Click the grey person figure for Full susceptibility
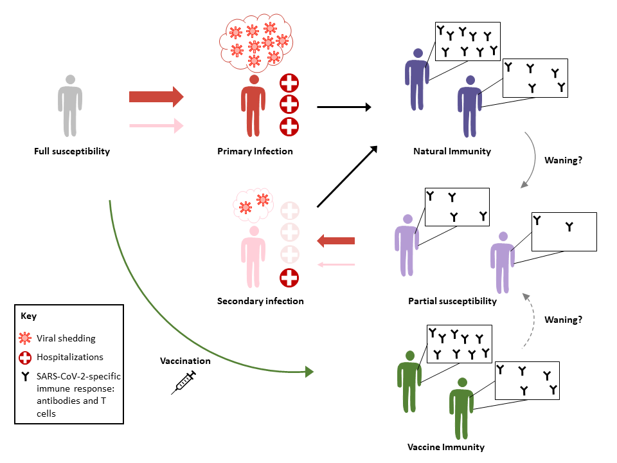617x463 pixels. click(x=70, y=106)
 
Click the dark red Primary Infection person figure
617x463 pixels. click(x=254, y=106)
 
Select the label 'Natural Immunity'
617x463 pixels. click(x=452, y=152)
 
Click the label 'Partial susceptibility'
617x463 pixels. click(x=452, y=301)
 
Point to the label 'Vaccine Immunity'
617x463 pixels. click(x=446, y=447)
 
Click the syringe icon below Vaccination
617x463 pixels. click(x=185, y=382)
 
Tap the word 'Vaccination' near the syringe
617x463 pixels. click(x=185, y=361)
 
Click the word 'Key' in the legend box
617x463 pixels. click(x=29, y=316)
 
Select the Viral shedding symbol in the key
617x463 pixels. click(x=26, y=338)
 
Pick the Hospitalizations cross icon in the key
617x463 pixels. click(x=26, y=357)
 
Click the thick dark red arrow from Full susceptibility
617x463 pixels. click(x=156, y=97)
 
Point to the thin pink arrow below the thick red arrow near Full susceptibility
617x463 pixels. click(x=156, y=125)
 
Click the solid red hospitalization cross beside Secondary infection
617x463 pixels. click(x=290, y=277)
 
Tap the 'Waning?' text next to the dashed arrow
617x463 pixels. click(x=563, y=319)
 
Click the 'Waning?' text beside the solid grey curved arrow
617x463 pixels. click(x=563, y=160)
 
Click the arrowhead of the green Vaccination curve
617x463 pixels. click(x=309, y=372)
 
